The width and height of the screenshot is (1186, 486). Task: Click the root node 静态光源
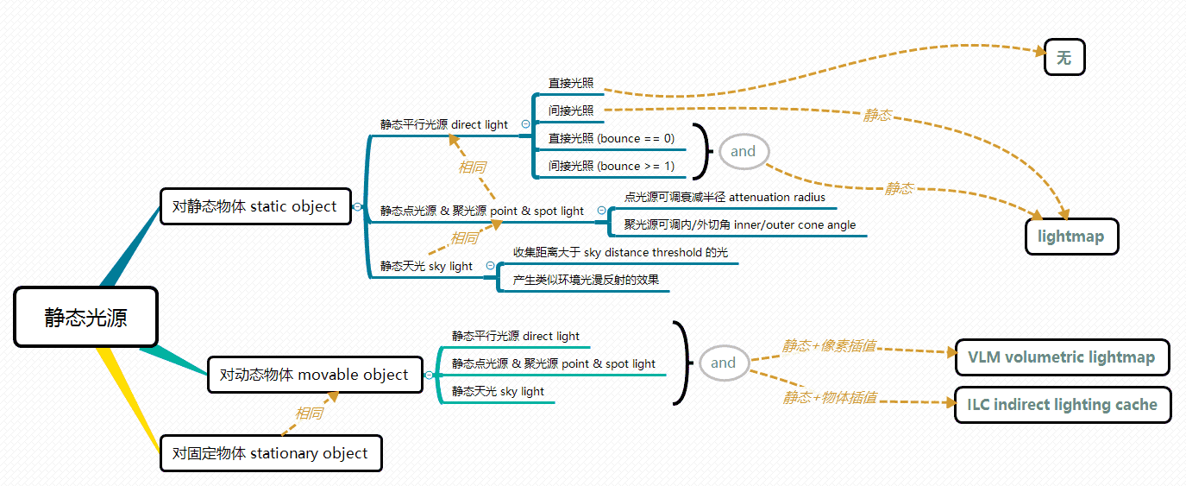pyautogui.click(x=86, y=318)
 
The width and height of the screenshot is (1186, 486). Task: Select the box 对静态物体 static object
pyautogui.click(x=255, y=207)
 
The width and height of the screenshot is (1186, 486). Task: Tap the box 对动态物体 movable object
pyautogui.click(x=315, y=375)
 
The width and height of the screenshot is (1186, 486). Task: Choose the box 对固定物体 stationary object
pyautogui.click(x=271, y=453)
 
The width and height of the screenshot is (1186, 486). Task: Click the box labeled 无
pyautogui.click(x=1064, y=58)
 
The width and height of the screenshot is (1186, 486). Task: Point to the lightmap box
pyautogui.click(x=1071, y=237)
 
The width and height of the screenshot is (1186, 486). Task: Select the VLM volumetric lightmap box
pyautogui.click(x=1062, y=357)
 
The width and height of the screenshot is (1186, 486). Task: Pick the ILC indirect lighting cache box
pyautogui.click(x=1063, y=404)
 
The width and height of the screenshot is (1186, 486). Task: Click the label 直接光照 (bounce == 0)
pyautogui.click(x=612, y=138)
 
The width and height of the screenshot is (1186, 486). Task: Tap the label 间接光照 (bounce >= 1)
pyautogui.click(x=612, y=166)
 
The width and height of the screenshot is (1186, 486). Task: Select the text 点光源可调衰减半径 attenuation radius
pyautogui.click(x=725, y=198)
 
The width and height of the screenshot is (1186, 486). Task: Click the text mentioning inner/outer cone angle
pyautogui.click(x=740, y=225)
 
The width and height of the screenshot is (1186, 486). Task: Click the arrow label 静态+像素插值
pyautogui.click(x=830, y=346)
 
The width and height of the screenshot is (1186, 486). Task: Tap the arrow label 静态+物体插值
pyautogui.click(x=830, y=398)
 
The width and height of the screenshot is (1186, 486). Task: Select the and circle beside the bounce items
pyautogui.click(x=743, y=152)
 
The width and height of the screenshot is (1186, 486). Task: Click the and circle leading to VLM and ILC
pyautogui.click(x=723, y=363)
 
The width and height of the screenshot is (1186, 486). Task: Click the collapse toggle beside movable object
pyautogui.click(x=428, y=375)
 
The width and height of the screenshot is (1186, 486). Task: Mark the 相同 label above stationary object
pyautogui.click(x=309, y=413)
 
